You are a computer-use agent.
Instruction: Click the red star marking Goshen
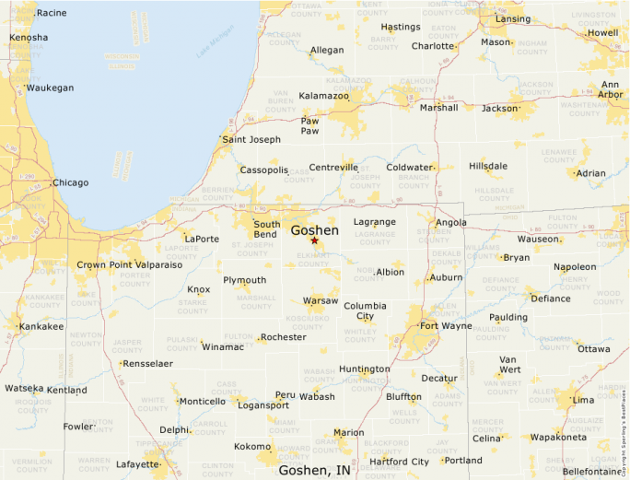(x=314, y=241)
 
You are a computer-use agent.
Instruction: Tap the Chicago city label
(x=70, y=182)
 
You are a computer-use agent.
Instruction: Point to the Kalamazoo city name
(x=323, y=96)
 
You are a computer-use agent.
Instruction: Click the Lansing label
(x=513, y=18)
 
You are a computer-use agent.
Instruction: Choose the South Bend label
(x=267, y=229)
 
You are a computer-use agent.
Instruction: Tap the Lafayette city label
(x=137, y=464)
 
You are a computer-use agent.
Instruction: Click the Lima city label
(x=583, y=400)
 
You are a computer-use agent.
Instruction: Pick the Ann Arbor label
(x=611, y=89)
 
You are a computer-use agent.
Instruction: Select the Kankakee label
(x=41, y=326)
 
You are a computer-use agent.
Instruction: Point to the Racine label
(x=52, y=13)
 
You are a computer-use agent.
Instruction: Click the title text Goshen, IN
(x=314, y=470)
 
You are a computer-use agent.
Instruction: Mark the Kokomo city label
(x=252, y=446)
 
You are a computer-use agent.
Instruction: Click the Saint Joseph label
(x=251, y=140)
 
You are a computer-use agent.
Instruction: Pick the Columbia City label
(x=366, y=310)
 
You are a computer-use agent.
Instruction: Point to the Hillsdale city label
(x=487, y=166)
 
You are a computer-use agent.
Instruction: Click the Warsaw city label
(x=321, y=300)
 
